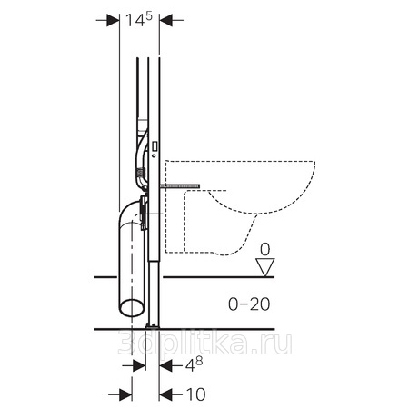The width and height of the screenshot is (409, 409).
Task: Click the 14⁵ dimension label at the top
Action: pos(138,20)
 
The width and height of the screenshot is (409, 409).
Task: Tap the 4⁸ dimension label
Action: pos(194,364)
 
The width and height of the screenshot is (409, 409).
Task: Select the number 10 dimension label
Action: pos(195,394)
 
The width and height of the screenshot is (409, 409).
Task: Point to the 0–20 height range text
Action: pos(249,304)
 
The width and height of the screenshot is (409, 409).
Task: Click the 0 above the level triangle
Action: pos(264,250)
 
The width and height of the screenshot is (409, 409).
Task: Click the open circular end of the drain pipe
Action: pos(131,307)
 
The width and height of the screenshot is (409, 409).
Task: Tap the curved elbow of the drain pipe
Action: pos(128,213)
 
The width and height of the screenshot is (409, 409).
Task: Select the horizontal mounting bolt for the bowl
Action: pos(180,185)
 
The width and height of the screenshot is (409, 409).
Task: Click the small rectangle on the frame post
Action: pos(154,146)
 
